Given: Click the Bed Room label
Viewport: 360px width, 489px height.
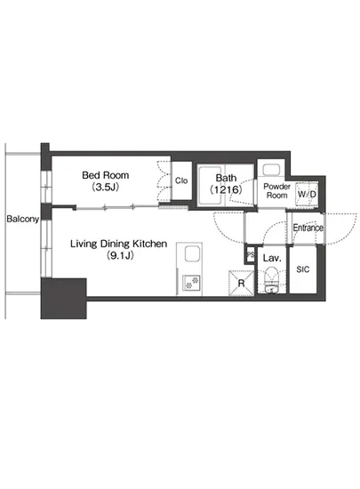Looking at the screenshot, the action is pyautogui.click(x=106, y=175).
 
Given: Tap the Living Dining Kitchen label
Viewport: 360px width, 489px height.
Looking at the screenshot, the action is pyautogui.click(x=119, y=244).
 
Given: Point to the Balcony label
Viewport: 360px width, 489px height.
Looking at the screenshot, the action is pyautogui.click(x=23, y=219).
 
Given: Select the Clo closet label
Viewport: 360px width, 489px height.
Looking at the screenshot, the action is pyautogui.click(x=181, y=180).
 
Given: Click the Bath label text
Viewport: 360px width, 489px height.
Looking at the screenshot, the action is pyautogui.click(x=226, y=178).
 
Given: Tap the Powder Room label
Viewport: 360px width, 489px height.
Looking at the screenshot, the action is pyautogui.click(x=276, y=191).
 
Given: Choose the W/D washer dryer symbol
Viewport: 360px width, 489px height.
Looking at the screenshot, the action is pyautogui.click(x=307, y=195).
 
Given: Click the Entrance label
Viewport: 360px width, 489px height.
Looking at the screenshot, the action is pyautogui.click(x=308, y=228).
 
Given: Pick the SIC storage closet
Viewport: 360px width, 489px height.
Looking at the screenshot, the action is pyautogui.click(x=303, y=269).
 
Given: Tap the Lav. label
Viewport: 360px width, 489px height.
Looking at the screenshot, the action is pyautogui.click(x=272, y=258).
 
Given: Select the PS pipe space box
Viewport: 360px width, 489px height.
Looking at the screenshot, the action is pyautogui.click(x=251, y=254).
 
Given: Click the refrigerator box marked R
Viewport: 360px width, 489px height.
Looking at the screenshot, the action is pyautogui.click(x=241, y=283).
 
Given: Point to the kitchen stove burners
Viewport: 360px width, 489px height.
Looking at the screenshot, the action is pyautogui.click(x=191, y=282).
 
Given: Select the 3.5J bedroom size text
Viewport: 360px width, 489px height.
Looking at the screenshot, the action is pyautogui.click(x=106, y=187).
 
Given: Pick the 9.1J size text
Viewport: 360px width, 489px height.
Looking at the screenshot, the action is pyautogui.click(x=120, y=256).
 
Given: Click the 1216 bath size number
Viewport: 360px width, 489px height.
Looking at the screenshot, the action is pyautogui.click(x=226, y=189).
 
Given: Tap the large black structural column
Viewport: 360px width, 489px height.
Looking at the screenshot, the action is pyautogui.click(x=64, y=299).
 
